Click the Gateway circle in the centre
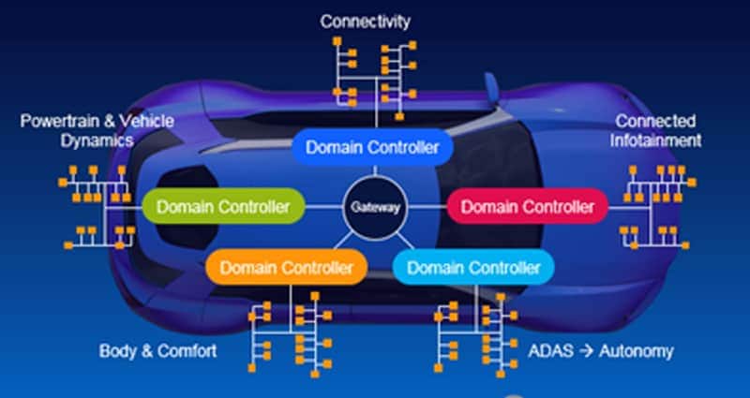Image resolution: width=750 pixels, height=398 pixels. (375, 206)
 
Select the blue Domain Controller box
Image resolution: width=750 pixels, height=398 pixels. (372, 147)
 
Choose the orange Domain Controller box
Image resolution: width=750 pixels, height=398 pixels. (287, 268)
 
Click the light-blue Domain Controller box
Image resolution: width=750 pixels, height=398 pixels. (473, 268)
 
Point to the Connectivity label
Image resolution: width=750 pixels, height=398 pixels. (365, 21)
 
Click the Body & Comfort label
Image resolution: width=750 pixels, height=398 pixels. (158, 351)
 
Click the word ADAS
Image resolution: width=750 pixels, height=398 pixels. (549, 351)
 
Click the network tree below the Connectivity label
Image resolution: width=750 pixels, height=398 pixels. (370, 75)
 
